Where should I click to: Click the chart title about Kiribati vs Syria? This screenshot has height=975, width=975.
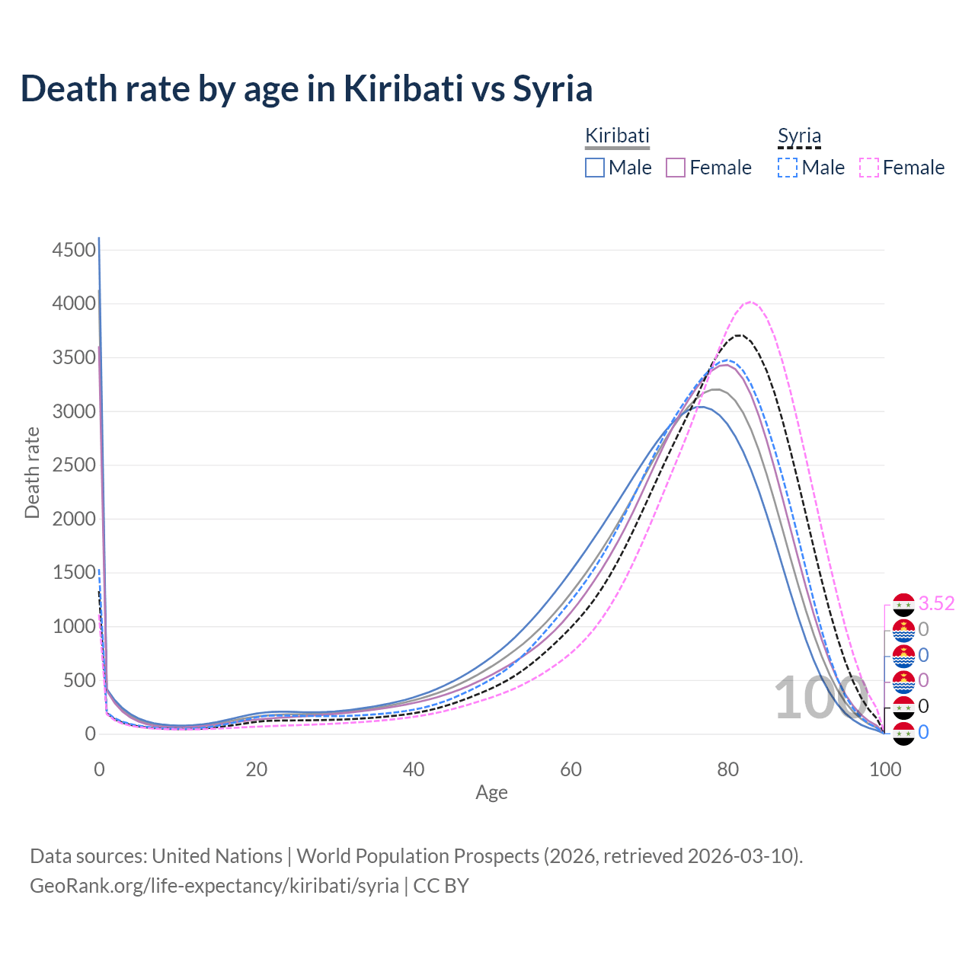pyautogui.click(x=306, y=89)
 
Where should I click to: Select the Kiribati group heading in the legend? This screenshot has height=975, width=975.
pyautogui.click(x=617, y=136)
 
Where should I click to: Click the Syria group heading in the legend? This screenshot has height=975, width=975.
pyautogui.click(x=799, y=136)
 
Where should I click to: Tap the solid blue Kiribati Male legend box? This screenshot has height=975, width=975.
pyautogui.click(x=595, y=168)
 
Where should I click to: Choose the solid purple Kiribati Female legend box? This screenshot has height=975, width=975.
pyautogui.click(x=676, y=168)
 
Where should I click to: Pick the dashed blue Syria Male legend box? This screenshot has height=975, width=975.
pyautogui.click(x=788, y=168)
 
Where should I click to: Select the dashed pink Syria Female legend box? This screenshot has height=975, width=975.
pyautogui.click(x=869, y=168)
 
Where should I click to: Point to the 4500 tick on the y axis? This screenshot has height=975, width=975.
pyautogui.click(x=74, y=250)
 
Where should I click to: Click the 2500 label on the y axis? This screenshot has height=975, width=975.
pyautogui.click(x=74, y=465)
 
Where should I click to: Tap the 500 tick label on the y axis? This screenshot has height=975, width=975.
pyautogui.click(x=79, y=680)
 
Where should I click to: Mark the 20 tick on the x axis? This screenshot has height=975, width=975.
pyautogui.click(x=257, y=769)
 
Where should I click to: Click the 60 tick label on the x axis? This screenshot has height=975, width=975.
pyautogui.click(x=571, y=769)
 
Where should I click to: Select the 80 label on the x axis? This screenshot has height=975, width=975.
pyautogui.click(x=728, y=769)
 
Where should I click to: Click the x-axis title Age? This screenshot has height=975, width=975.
pyautogui.click(x=491, y=793)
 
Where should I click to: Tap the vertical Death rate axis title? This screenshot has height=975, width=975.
pyautogui.click(x=32, y=473)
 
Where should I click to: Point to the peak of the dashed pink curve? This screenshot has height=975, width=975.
pyautogui.click(x=750, y=302)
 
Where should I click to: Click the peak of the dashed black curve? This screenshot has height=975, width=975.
pyautogui.click(x=738, y=335)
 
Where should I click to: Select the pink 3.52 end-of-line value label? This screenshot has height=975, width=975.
pyautogui.click(x=936, y=604)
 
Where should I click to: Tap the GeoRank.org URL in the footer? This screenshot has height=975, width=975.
pyautogui.click(x=214, y=886)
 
